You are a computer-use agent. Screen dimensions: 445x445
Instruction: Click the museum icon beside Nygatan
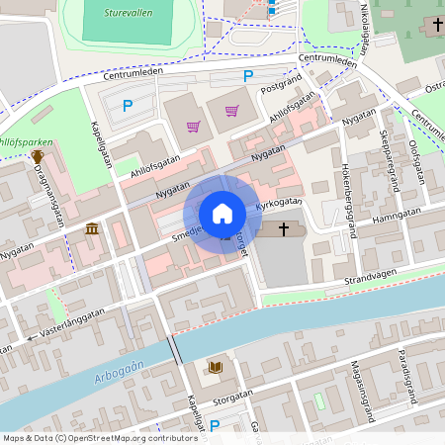(x=92, y=229)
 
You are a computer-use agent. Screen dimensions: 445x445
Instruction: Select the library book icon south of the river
(x=215, y=368)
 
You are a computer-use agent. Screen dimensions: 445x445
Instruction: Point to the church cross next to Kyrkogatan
(x=285, y=229)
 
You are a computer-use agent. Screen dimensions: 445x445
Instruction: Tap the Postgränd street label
(x=279, y=88)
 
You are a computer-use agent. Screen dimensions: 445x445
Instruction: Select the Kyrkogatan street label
(x=277, y=205)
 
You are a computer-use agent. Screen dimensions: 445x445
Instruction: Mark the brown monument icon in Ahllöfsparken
(x=38, y=156)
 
